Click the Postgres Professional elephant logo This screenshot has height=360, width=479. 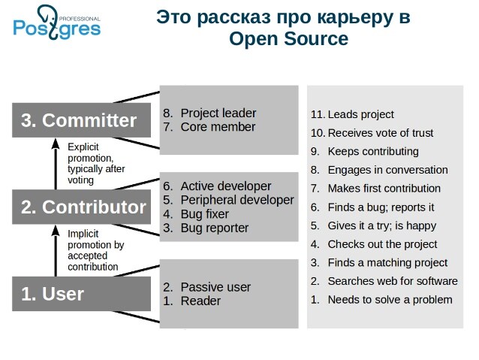pos(57,23)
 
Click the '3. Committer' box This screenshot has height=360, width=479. pos(81,120)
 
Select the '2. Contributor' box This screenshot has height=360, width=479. pos(81,207)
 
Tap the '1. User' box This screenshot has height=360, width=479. pos(81,294)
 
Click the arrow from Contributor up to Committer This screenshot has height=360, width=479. pos(56,164)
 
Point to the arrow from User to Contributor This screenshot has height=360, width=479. pos(56,250)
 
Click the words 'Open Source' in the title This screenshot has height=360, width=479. pos(289,39)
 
